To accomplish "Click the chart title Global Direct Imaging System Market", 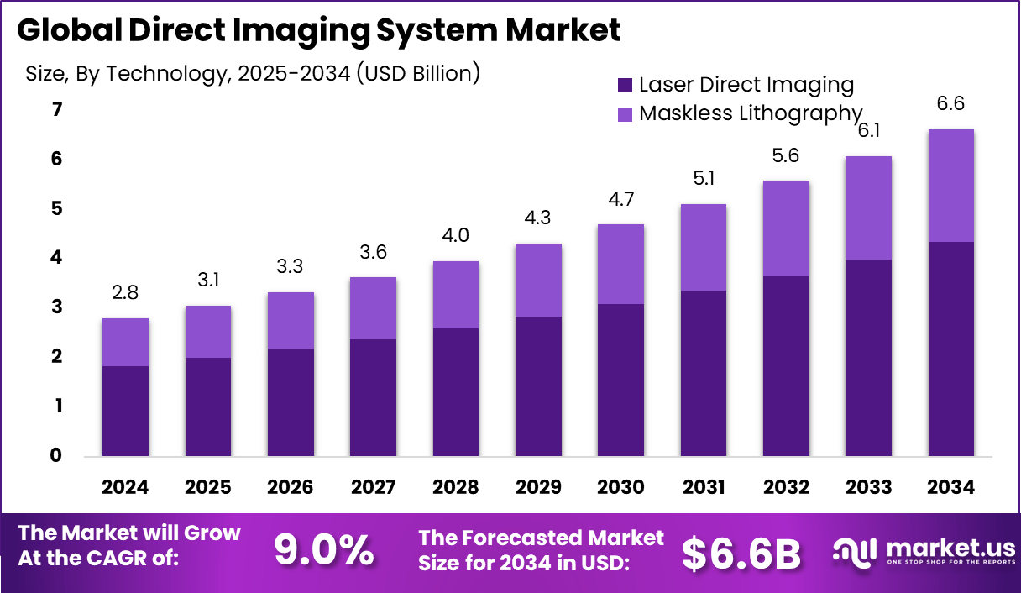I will tap(319, 30).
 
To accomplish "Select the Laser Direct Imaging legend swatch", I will tap(626, 85).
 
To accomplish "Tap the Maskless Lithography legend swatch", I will tap(626, 113).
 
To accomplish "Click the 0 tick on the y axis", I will tap(56, 456).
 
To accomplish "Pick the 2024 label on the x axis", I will tap(125, 488).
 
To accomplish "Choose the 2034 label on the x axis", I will tap(951, 488).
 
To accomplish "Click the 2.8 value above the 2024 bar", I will tap(125, 293).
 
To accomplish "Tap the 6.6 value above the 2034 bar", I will tap(951, 104).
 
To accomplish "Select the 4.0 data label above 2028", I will tap(456, 236).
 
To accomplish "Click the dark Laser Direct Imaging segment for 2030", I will tap(620, 380).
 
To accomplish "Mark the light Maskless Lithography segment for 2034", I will tap(951, 186).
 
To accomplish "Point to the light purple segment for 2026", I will tap(291, 320).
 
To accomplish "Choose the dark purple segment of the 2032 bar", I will tap(786, 365).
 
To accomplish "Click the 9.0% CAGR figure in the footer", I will tap(324, 551).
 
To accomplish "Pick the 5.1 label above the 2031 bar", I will tap(704, 179).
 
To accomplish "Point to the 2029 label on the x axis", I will tap(538, 488).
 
